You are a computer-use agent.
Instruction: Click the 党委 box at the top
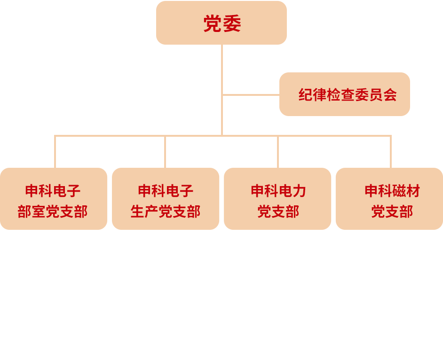coord(221,23)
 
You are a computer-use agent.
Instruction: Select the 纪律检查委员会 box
coord(345,94)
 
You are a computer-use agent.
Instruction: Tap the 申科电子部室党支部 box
coord(53,199)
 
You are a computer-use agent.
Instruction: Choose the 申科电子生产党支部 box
coord(166,199)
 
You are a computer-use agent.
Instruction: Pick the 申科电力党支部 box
coord(278,199)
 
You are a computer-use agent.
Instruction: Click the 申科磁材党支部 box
coord(389,199)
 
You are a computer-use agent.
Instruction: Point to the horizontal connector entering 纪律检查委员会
coord(251,95)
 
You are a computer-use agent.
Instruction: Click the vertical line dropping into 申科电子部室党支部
coord(55,152)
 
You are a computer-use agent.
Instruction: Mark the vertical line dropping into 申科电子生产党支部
coord(165,152)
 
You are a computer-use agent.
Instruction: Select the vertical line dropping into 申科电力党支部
coord(278,152)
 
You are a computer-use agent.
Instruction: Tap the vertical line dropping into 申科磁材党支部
coord(391,152)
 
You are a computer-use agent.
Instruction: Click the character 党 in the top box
coord(212,24)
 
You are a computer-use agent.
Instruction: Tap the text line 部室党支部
coord(53,211)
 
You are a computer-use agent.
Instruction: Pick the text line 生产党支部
coord(166,211)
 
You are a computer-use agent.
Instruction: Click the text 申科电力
coord(278,191)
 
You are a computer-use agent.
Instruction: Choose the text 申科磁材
coord(392,191)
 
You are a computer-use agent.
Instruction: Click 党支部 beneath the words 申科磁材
coord(392,211)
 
